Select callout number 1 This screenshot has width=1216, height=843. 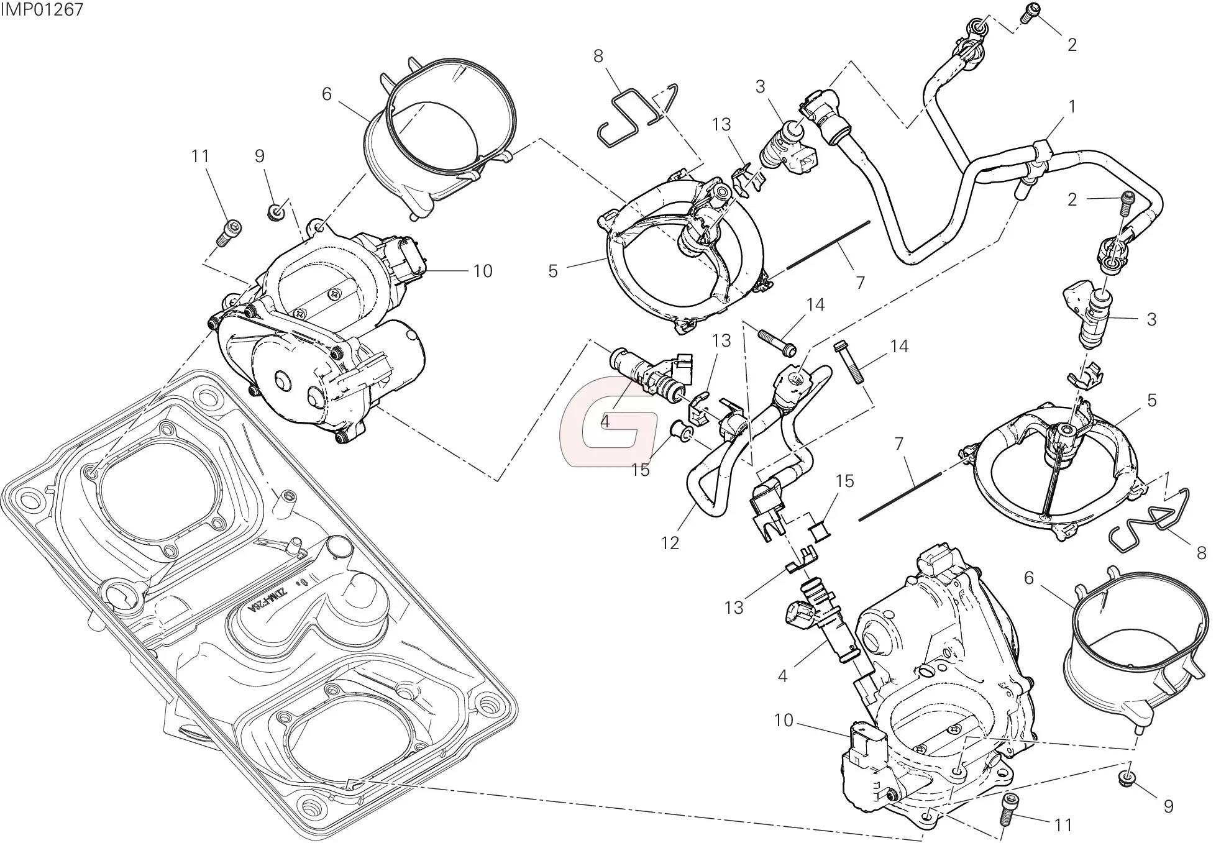[x=1071, y=107]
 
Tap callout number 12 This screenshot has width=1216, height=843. [x=670, y=543]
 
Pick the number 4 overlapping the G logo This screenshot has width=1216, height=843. [x=604, y=421]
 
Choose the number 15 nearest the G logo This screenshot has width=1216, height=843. [x=640, y=470]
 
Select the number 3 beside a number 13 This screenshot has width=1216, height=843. [x=760, y=86]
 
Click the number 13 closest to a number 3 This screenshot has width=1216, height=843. [x=721, y=124]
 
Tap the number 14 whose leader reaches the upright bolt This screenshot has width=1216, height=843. [x=899, y=346]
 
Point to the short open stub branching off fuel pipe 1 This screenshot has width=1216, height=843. [x=1021, y=189]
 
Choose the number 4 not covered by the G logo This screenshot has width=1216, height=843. [x=782, y=675]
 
